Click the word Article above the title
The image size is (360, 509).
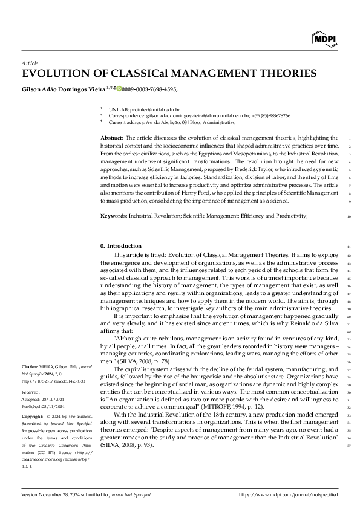click(30, 63)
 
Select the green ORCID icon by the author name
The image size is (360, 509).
click(119, 89)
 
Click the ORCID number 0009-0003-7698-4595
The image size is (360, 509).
click(149, 89)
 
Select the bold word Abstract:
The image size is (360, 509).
click(113, 138)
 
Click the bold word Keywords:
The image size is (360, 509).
click(114, 216)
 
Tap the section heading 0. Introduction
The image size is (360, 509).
click(120, 246)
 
